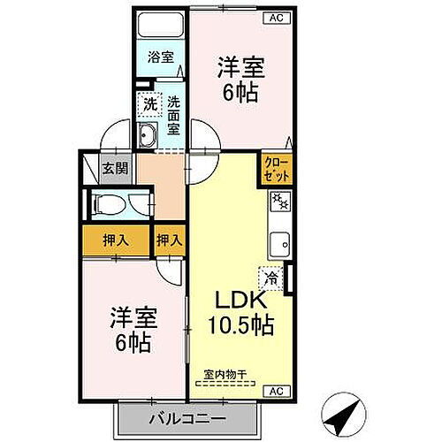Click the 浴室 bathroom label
(x=160, y=57)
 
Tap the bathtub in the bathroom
(x=161, y=24)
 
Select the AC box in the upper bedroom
(x=276, y=17)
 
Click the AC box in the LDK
(x=275, y=390)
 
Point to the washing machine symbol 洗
(x=151, y=104)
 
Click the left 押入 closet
(x=113, y=239)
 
